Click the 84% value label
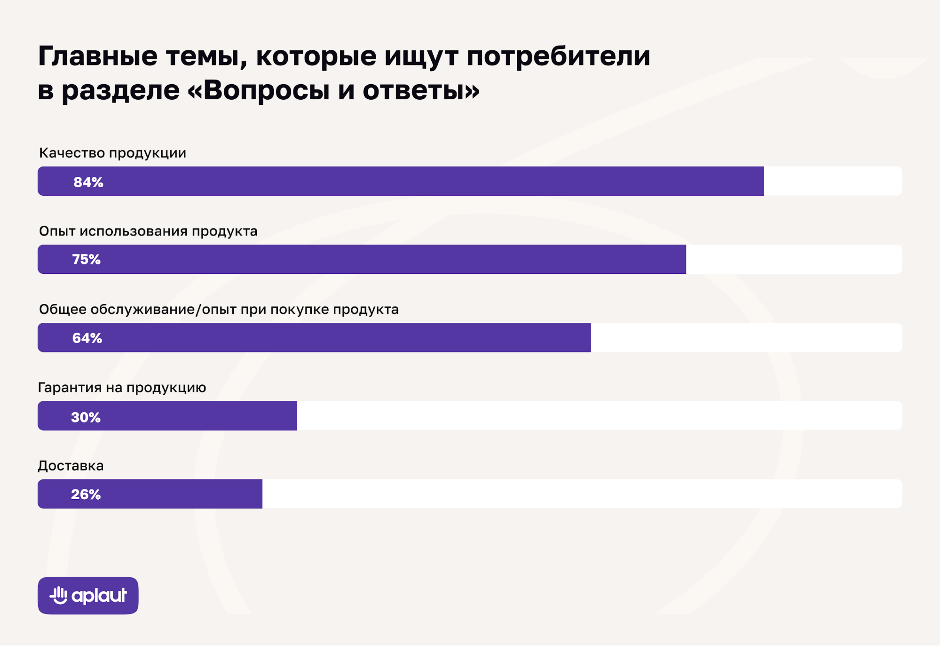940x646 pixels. pos(88,182)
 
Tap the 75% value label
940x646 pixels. pos(87,260)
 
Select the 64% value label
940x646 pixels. pos(87,338)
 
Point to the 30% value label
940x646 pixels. pos(86,417)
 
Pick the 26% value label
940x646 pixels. pos(86,494)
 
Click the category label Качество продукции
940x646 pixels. pos(112,153)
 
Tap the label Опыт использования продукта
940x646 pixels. pos(148,231)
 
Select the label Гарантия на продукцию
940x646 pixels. pos(122,387)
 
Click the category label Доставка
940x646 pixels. pos(71,465)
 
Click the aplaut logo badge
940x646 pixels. pos(88,595)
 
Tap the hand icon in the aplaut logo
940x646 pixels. pos(59,595)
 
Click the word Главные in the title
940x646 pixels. pos(98,56)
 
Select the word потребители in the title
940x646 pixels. pos(558,56)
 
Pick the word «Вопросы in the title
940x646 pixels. pos(258,90)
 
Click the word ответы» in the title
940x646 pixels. pos(421,90)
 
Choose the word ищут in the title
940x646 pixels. pos(421,56)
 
